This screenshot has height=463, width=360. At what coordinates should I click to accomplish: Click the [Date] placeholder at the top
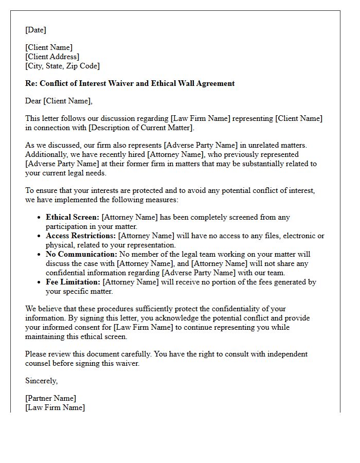click(x=35, y=30)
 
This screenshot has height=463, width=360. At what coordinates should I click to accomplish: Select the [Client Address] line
click(x=52, y=57)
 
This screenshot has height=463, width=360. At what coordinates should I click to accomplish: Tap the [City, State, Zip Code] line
click(x=62, y=66)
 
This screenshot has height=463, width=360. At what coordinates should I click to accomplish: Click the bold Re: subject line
click(x=130, y=83)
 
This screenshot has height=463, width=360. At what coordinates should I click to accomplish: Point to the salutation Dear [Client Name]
click(x=59, y=101)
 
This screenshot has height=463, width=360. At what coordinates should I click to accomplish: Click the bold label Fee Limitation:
click(x=73, y=282)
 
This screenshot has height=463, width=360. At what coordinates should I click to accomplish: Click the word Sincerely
click(x=42, y=381)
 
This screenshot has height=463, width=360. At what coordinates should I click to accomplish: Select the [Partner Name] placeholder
click(x=50, y=398)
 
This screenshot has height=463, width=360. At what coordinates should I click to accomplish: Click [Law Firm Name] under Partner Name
click(x=55, y=407)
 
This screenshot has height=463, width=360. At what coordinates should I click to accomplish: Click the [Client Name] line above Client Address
click(x=49, y=47)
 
